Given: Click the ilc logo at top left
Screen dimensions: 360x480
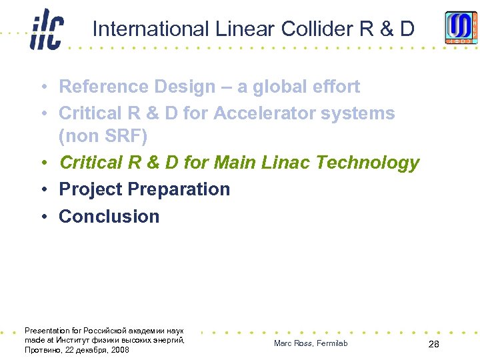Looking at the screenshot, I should click(47, 30).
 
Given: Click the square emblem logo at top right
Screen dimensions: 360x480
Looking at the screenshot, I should click(461, 28).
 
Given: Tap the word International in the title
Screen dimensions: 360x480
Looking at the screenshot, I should click(151, 29).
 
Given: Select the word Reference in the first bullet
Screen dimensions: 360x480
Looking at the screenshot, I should click(104, 87).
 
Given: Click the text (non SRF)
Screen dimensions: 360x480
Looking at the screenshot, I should click(103, 137).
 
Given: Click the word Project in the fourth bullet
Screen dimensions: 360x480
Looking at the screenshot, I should click(90, 189).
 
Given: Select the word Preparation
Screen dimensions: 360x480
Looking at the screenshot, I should click(178, 189).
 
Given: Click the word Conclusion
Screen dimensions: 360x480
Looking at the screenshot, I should click(109, 217).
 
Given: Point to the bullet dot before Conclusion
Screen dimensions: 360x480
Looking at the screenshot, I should click(42, 217).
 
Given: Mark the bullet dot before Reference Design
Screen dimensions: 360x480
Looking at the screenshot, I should click(42, 87).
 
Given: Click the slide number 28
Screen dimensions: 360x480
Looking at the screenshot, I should click(433, 344).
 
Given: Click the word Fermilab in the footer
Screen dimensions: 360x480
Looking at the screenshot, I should click(331, 343).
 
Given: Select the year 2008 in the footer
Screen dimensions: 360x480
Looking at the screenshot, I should click(120, 350).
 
